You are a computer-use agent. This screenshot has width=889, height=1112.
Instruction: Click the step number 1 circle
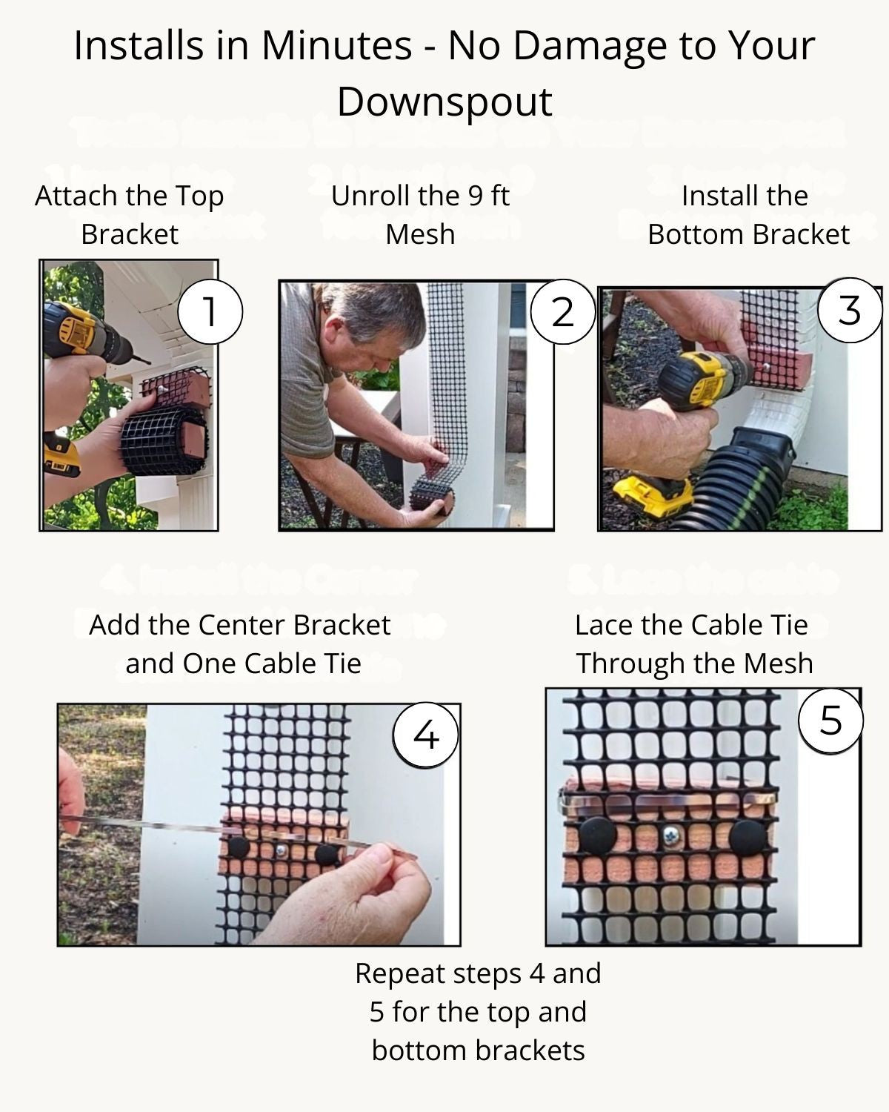tap(210, 311)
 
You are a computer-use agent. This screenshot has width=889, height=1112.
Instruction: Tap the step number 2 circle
tap(563, 312)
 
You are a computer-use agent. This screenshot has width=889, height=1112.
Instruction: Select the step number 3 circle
tap(850, 310)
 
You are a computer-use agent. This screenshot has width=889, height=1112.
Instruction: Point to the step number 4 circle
tap(425, 735)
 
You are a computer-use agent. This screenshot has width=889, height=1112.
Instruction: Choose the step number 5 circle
tap(831, 719)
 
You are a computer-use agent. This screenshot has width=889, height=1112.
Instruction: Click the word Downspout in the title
tap(444, 102)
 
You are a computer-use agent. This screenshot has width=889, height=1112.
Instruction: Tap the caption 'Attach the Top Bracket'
tap(130, 215)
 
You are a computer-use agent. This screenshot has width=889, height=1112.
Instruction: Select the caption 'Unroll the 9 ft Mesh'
tap(420, 215)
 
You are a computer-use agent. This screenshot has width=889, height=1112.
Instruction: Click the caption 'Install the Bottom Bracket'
tap(747, 215)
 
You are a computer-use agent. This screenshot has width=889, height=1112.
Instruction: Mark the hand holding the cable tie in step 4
tap(356, 897)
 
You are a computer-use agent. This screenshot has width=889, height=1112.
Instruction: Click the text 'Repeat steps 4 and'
tap(478, 973)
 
